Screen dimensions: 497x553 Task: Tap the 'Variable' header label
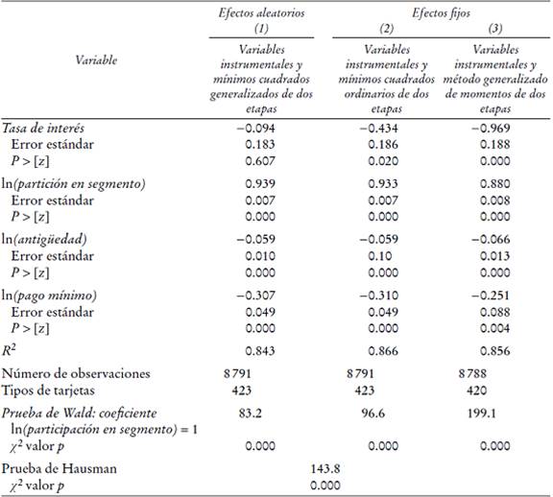click(96, 59)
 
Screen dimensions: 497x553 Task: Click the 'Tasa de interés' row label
click(45, 128)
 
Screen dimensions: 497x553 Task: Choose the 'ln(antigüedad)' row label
click(45, 238)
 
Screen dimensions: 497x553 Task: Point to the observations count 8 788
click(476, 372)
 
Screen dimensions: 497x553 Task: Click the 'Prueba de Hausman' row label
click(57, 468)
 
